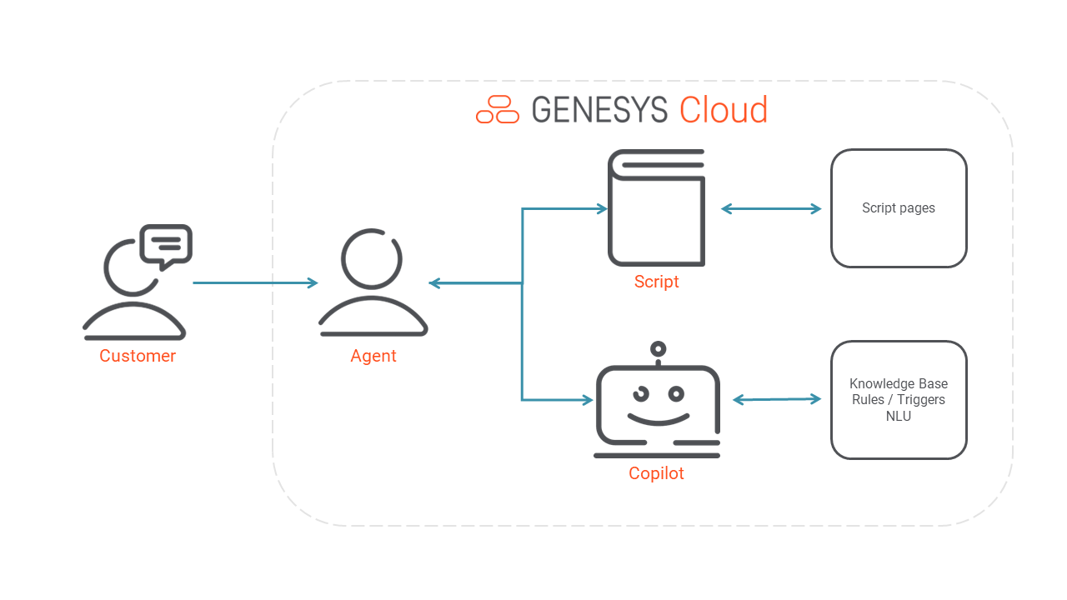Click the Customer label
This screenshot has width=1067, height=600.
tap(138, 356)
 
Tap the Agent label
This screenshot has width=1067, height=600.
tap(373, 356)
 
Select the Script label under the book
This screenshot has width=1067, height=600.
tap(656, 282)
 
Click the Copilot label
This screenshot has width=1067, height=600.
tap(656, 473)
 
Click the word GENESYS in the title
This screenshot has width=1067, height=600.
tap(599, 110)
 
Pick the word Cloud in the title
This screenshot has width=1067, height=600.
tap(723, 110)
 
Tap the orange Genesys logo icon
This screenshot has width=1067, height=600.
tap(498, 110)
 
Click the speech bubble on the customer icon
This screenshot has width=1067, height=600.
tap(167, 244)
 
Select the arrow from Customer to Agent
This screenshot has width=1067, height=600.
tap(254, 283)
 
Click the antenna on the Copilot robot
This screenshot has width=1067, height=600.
tap(659, 350)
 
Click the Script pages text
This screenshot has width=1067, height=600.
tap(899, 208)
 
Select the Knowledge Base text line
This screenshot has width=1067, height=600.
tap(899, 384)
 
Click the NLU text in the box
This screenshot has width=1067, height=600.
tap(899, 416)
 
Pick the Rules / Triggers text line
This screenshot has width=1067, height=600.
tap(899, 400)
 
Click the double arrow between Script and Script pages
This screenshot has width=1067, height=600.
tap(771, 209)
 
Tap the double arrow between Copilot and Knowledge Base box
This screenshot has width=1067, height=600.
tap(777, 400)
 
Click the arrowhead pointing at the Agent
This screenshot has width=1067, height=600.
tap(434, 283)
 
